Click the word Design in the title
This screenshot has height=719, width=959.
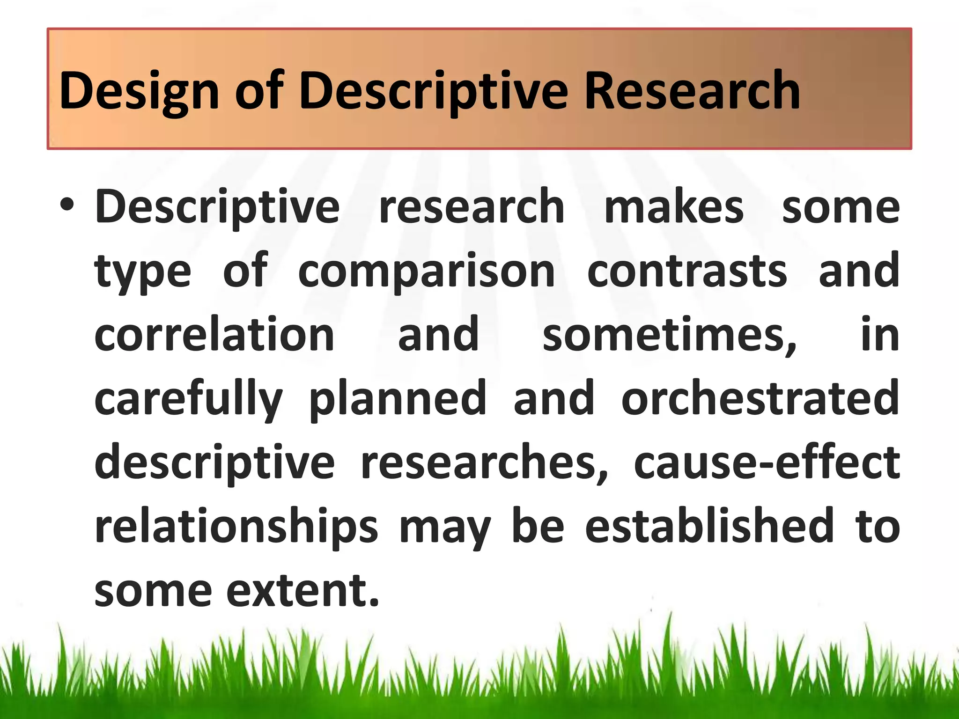139,91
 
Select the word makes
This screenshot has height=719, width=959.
674,207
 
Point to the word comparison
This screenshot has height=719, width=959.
427,271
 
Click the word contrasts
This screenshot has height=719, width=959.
687,271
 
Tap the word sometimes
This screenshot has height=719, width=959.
669,335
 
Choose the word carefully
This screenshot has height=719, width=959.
189,399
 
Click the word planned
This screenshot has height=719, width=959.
398,399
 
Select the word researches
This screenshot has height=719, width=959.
484,462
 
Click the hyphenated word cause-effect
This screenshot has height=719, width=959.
767,462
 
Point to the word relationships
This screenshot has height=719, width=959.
236,527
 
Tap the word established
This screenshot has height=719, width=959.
709,526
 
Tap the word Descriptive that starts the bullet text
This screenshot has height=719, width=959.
217,207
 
